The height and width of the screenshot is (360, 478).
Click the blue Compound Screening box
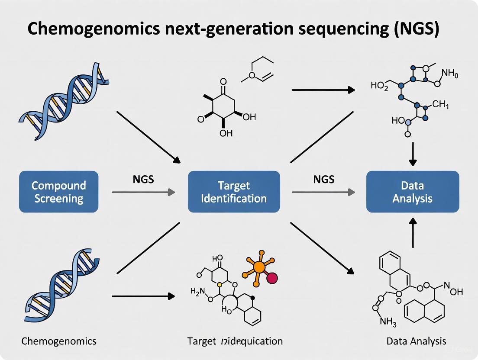tap(58, 192)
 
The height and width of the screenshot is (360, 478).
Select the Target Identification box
tap(234, 192)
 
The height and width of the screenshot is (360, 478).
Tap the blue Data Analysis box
tap(413, 192)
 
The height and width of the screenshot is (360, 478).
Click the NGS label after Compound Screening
tap(143, 179)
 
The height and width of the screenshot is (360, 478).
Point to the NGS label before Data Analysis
tap(324, 179)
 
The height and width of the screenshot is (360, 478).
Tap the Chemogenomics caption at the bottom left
tap(59, 341)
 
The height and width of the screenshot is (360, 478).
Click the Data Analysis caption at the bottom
tap(416, 341)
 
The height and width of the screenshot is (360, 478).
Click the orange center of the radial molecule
tap(258, 267)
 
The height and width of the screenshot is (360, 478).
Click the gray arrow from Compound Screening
tap(143, 192)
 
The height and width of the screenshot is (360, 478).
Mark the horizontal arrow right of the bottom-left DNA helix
tap(143, 297)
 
